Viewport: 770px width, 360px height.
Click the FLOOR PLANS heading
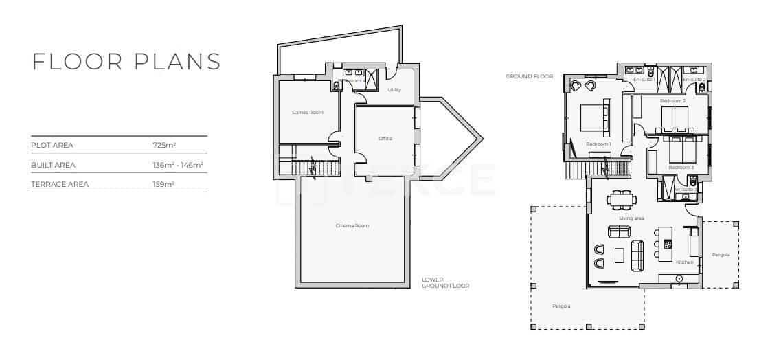[126, 61]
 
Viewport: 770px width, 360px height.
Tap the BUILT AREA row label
[53, 165]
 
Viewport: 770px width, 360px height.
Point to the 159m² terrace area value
[163, 184]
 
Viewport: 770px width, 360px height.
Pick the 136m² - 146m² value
[178, 165]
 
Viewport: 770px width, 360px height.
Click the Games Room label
[307, 112]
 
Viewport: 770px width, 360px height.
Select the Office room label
[385, 139]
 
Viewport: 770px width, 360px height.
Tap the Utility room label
[394, 90]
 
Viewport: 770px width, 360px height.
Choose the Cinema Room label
[352, 226]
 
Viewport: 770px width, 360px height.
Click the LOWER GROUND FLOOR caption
[445, 283]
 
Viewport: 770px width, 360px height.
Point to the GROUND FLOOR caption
[529, 76]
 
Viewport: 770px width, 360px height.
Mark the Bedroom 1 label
[598, 144]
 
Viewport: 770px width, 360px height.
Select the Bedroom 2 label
[672, 101]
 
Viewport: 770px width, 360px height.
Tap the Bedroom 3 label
[681, 167]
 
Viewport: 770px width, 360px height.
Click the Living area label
[631, 218]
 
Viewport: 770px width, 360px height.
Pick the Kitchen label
[684, 262]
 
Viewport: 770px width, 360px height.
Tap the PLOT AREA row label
[52, 146]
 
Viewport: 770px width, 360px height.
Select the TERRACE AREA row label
[60, 184]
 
